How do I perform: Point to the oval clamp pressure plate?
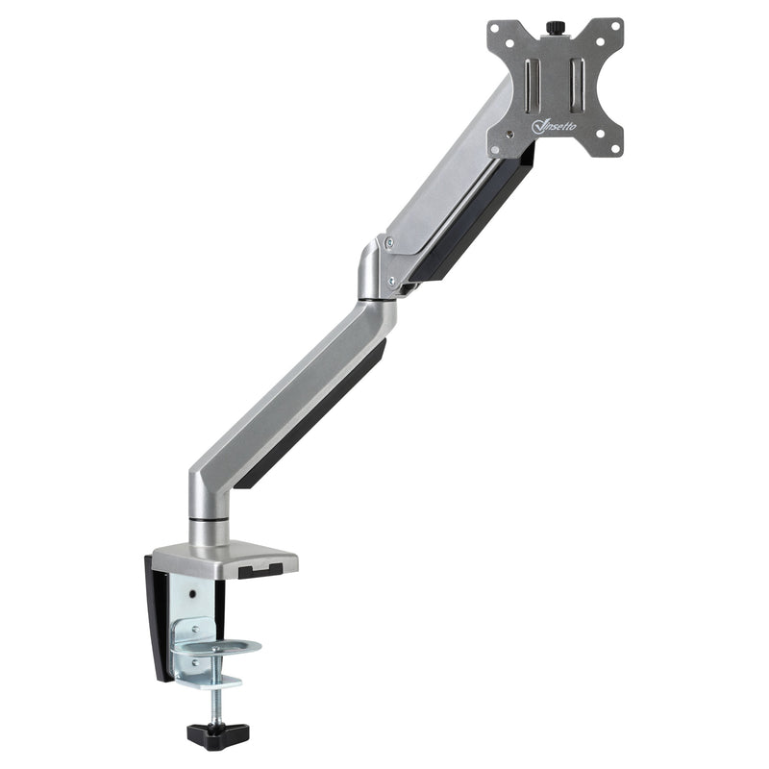216,647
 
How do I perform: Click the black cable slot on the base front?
260,573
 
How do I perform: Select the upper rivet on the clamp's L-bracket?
196,627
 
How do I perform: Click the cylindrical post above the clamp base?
209,531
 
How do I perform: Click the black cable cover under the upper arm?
481,221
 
